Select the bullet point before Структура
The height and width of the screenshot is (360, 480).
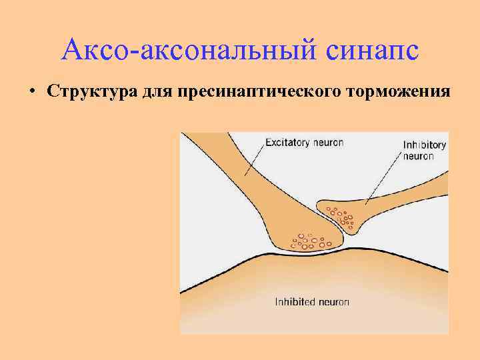pyautogui.click(x=32, y=91)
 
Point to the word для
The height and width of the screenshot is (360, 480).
pyautogui.click(x=157, y=91)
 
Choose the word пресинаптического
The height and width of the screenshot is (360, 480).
pyautogui.click(x=260, y=91)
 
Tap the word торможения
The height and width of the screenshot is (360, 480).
pyautogui.click(x=399, y=91)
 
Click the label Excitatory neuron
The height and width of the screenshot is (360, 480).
pyautogui.click(x=304, y=142)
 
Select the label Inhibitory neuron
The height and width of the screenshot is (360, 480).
pyautogui.click(x=425, y=150)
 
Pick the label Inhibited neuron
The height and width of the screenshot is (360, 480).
pyautogui.click(x=312, y=301)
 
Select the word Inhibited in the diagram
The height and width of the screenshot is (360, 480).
pyautogui.click(x=295, y=301)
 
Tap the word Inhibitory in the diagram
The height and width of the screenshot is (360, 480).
pyautogui.click(x=425, y=145)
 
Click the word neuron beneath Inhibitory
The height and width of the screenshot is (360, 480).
pyautogui.click(x=419, y=156)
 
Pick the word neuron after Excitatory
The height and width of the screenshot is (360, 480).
pyautogui.click(x=329, y=142)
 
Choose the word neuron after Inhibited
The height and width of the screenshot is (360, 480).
pyautogui.click(x=333, y=301)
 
